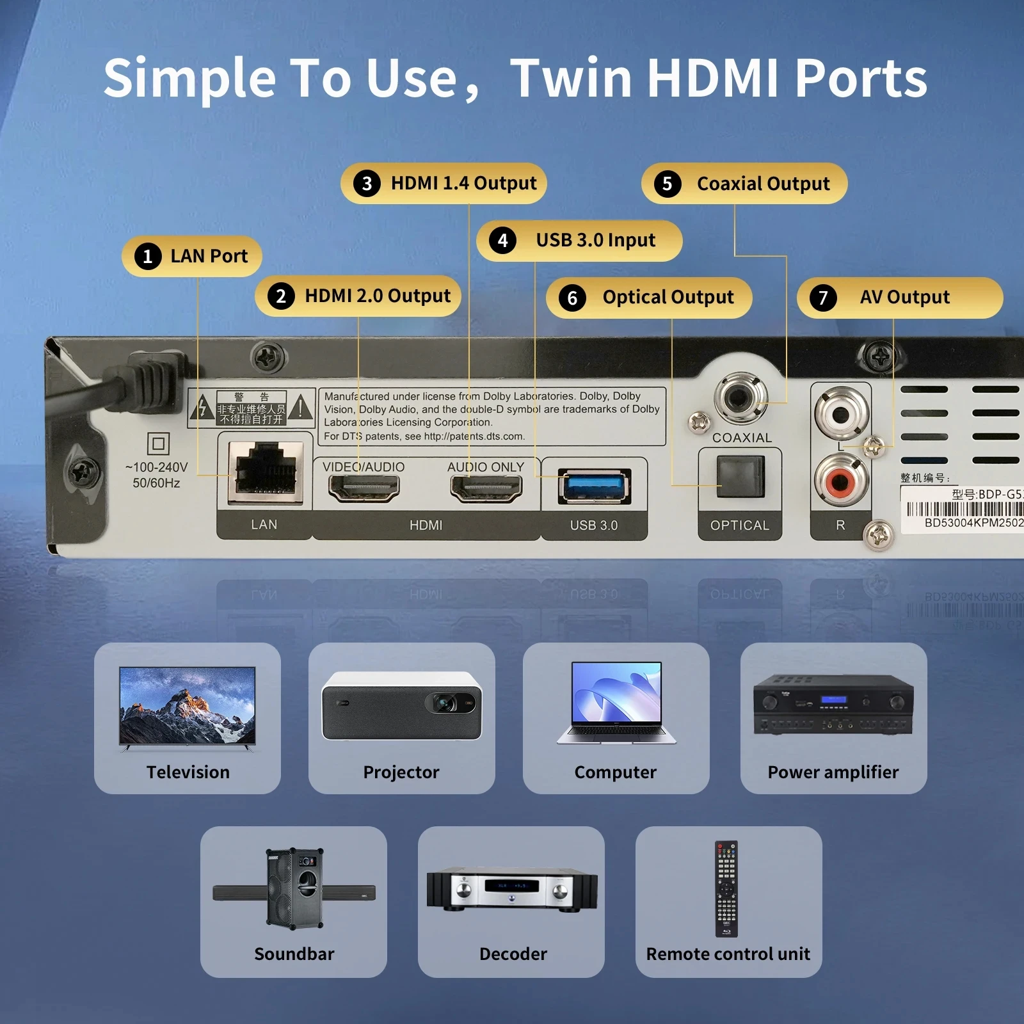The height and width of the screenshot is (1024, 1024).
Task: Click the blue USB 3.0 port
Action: point(595,486)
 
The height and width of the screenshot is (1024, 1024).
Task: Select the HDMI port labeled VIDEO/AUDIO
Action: point(364,488)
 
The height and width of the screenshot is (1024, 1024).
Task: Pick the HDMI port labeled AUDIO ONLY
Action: point(486,488)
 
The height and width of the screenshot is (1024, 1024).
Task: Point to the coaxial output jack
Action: point(740,398)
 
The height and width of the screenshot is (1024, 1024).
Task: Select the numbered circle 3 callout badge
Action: point(367,184)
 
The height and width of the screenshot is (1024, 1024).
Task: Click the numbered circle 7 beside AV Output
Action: point(823,298)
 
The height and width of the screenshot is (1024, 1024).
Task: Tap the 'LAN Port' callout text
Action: point(209,257)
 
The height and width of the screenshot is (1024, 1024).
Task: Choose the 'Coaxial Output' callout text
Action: point(763,184)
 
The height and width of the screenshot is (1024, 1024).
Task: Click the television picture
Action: point(188,706)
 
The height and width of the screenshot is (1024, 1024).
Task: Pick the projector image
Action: point(401,706)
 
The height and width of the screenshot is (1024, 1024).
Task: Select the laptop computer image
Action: point(616,703)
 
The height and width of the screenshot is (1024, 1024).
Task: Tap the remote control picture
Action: point(726,888)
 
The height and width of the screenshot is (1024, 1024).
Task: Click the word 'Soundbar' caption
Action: point(294,954)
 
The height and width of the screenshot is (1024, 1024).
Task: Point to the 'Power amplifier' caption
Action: point(833,772)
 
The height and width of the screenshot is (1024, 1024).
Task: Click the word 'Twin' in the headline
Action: point(573,78)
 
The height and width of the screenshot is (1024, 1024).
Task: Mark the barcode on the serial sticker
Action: point(965,509)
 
